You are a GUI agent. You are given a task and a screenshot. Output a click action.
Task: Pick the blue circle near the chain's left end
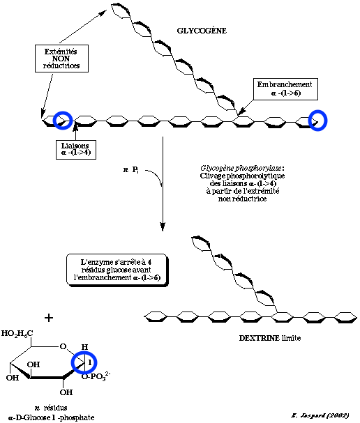pos(63,121)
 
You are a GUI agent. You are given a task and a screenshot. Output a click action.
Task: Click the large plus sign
pos(49,318)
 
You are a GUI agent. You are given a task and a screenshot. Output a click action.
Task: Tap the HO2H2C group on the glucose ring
pos(20,334)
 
